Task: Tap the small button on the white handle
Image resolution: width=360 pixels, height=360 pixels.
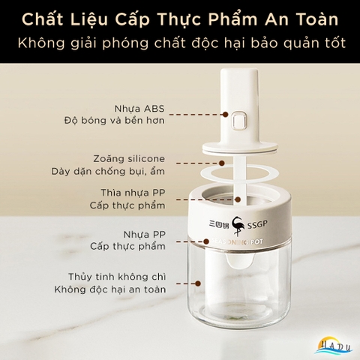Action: click(240, 120)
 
